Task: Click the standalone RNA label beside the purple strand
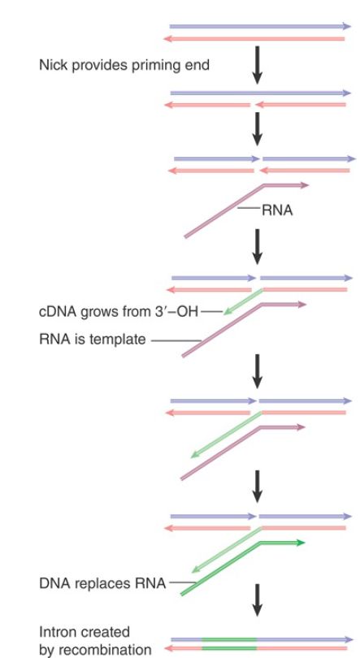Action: [277, 210]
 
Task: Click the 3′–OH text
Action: [176, 312]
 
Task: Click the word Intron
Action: [58, 631]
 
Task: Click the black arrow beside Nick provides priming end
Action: [258, 65]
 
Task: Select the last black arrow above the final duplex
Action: [258, 600]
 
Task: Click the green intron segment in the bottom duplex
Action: [229, 644]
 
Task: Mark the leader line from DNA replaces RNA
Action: [183, 582]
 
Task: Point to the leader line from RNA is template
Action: [176, 340]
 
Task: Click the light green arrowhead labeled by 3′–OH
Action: [228, 311]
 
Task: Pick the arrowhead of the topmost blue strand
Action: [346, 26]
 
